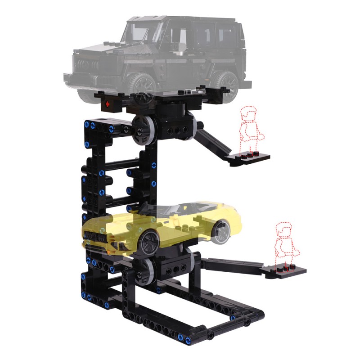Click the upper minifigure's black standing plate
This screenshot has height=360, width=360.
[x=250, y=158]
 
